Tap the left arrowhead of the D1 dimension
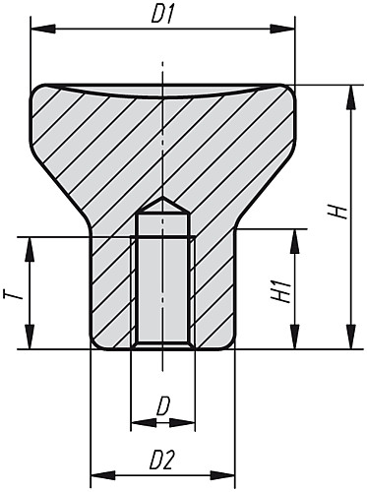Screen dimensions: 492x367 pos(38,31)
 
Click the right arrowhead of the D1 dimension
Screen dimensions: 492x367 pos(287,31)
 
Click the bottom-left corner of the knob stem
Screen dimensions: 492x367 pos(95,341)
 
